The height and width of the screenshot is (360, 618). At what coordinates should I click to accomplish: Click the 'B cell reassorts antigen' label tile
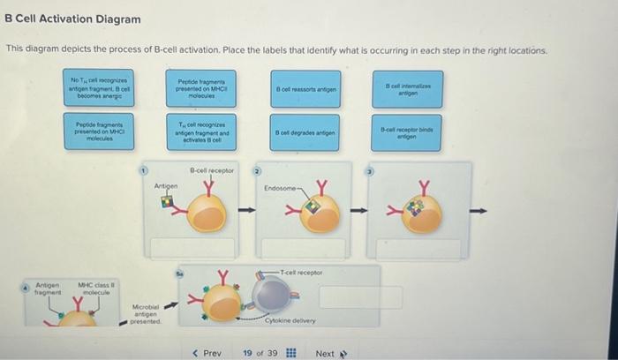click(x=304, y=90)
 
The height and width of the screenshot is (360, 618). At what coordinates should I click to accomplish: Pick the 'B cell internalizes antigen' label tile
click(x=407, y=89)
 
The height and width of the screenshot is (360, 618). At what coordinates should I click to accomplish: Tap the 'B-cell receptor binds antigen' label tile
click(x=407, y=131)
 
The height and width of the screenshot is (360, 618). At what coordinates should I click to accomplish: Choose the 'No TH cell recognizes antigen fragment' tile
click(x=98, y=89)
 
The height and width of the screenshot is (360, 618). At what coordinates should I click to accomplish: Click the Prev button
click(x=207, y=353)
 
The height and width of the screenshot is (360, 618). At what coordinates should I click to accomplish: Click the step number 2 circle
click(x=259, y=169)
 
